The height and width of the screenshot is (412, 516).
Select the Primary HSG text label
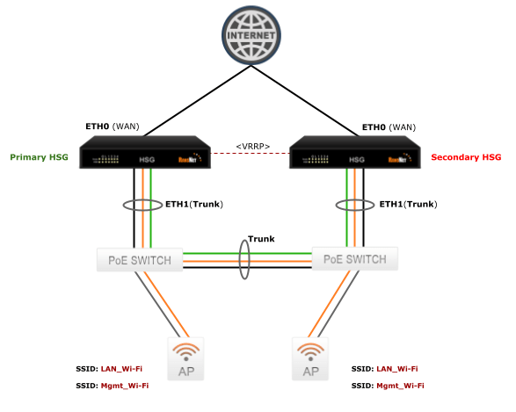pyautogui.click(x=39, y=157)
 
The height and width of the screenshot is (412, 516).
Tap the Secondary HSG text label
pyautogui.click(x=466, y=157)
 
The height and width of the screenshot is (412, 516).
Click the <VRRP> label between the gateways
pyautogui.click(x=252, y=146)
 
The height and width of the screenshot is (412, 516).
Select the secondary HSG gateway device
pyautogui.click(x=356, y=155)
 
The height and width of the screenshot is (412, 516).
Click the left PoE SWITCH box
pyautogui.click(x=139, y=260)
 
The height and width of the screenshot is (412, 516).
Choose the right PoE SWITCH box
pyautogui.click(x=355, y=260)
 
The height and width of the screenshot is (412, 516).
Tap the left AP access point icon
pyautogui.click(x=186, y=359)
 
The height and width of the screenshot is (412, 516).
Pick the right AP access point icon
pyautogui.click(x=309, y=359)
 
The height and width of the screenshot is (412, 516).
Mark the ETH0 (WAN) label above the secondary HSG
pyautogui.click(x=388, y=127)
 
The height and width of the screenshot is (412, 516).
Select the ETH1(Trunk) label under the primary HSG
pyautogui.click(x=194, y=204)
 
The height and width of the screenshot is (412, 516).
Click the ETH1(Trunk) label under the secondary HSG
pyautogui.click(x=408, y=204)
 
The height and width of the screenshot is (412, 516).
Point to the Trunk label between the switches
pyautogui.click(x=261, y=238)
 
